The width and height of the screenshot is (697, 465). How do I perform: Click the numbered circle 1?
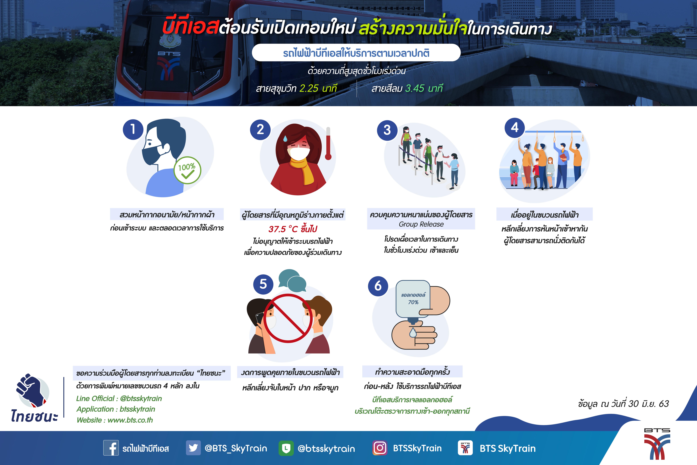[x=133, y=129]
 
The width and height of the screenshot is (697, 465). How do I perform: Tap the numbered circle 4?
[x=515, y=128]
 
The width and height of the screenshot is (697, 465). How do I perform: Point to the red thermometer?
[x=328, y=144]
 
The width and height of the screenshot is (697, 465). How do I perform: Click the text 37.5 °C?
[x=283, y=229]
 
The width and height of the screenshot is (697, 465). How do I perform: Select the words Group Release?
[x=421, y=224]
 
